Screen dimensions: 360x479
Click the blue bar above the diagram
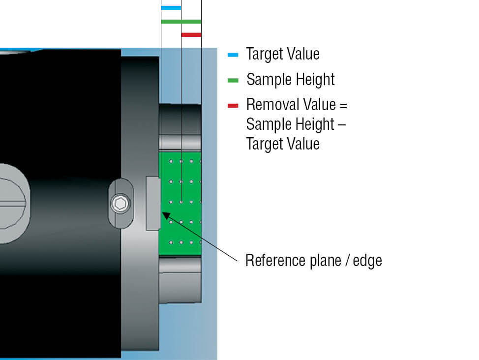171,8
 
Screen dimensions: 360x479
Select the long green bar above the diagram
181,21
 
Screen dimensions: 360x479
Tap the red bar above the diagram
191,34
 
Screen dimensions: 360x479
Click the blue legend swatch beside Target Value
233,55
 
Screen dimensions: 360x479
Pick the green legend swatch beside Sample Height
233,80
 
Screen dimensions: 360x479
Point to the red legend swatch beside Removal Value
233,105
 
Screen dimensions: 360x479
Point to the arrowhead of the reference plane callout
165,214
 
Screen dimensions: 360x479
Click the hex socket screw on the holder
120,203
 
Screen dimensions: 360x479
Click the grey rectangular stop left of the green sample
153,203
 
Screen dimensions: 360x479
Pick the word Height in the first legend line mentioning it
316,80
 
